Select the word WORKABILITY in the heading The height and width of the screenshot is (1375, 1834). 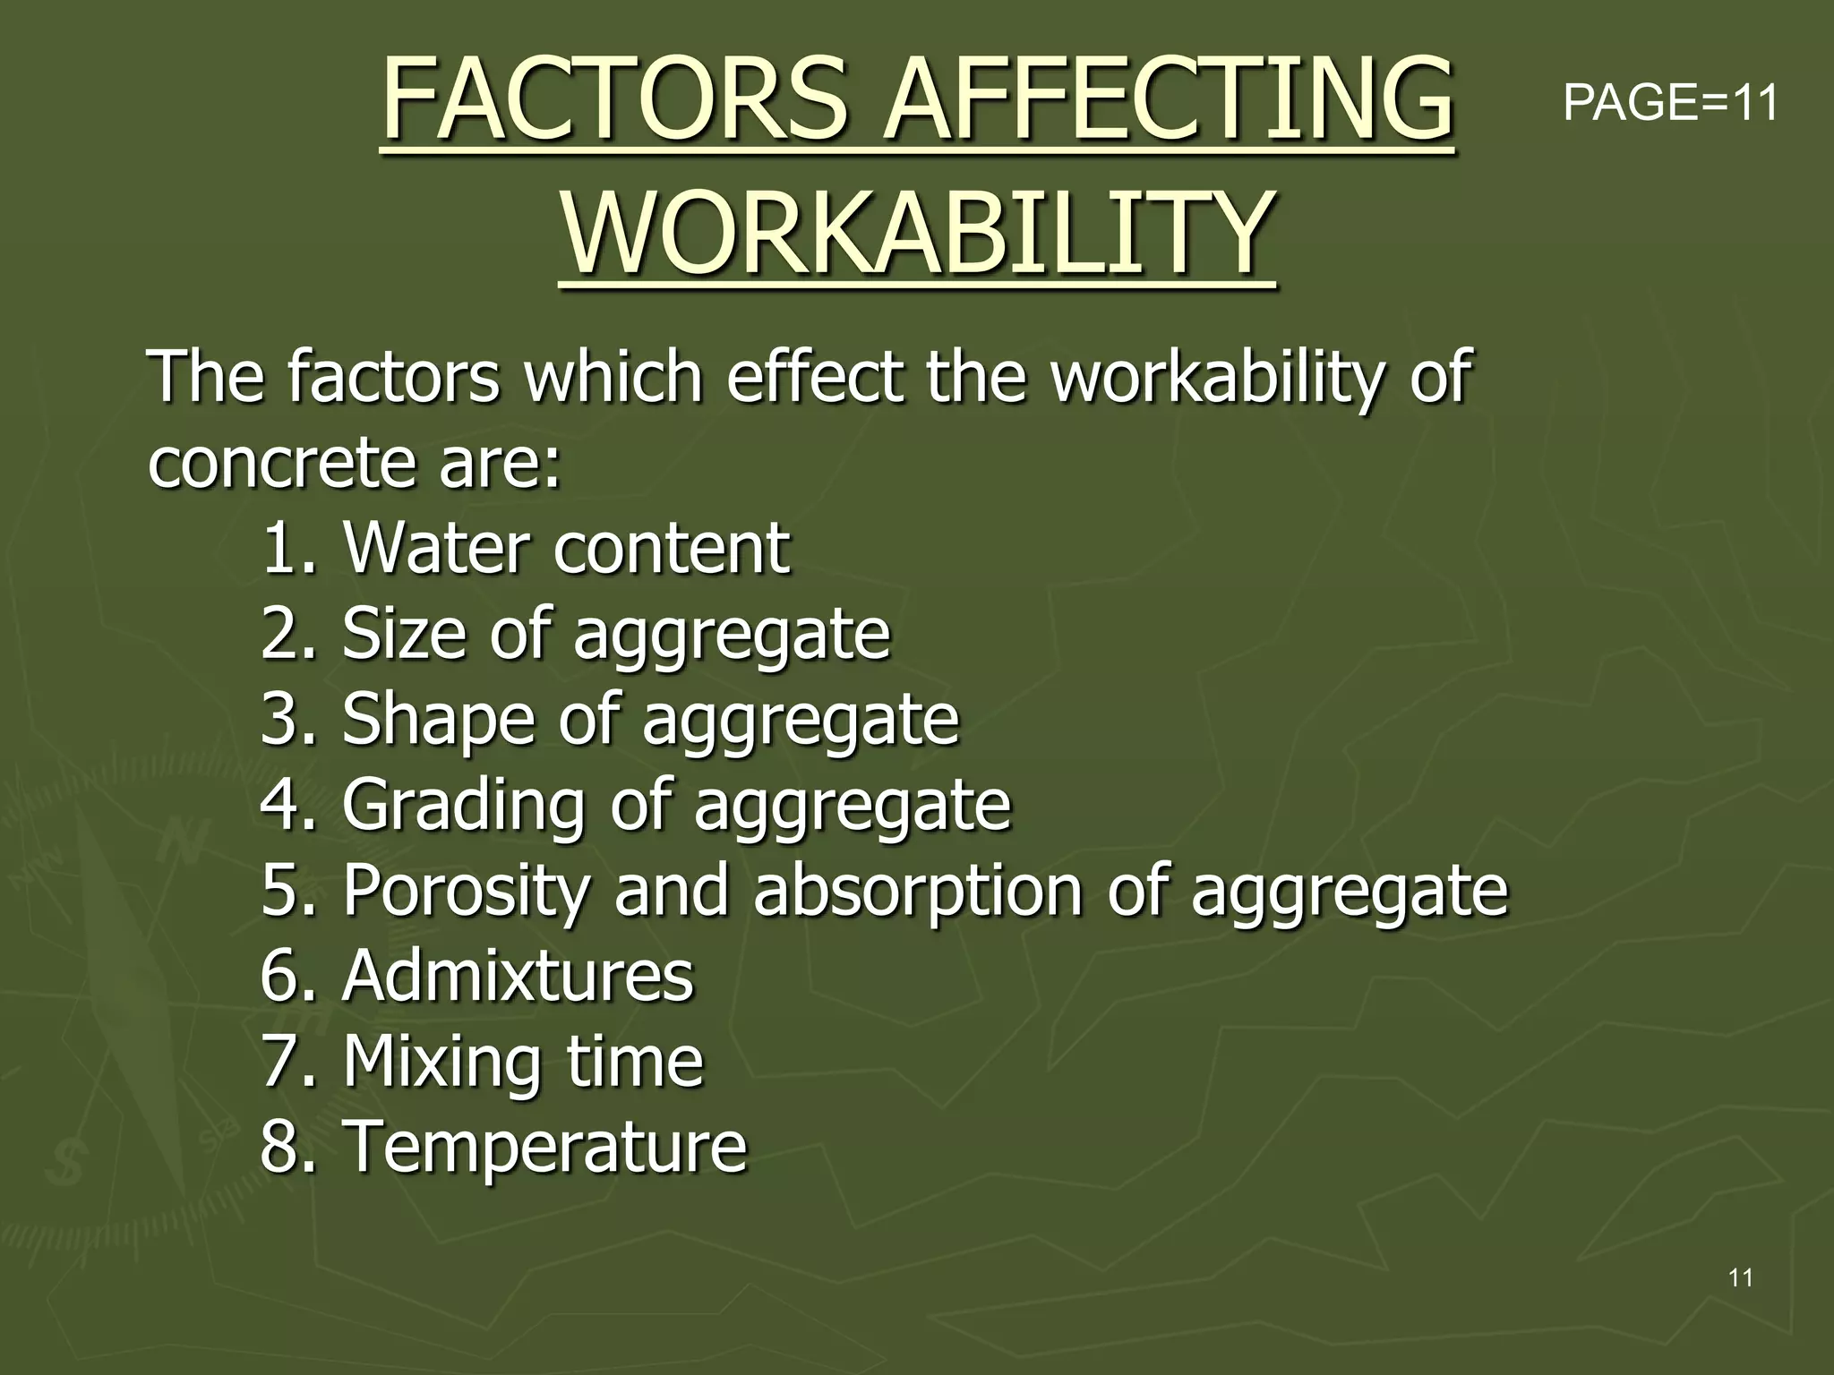917,235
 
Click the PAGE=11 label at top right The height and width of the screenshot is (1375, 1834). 1670,102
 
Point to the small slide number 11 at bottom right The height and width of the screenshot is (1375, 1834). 1740,1277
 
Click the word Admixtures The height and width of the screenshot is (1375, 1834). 518,975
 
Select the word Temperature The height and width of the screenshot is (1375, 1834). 544,1147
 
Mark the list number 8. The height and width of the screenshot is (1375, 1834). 280,1147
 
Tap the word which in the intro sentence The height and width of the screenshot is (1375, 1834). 614,377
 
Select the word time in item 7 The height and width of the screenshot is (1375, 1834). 635,1062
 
